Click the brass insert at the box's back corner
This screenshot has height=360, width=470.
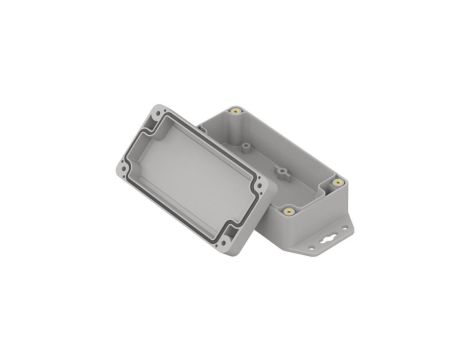(x=236, y=111)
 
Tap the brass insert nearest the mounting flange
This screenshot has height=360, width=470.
(x=337, y=182)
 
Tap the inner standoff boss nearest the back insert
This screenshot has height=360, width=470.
(x=245, y=146)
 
